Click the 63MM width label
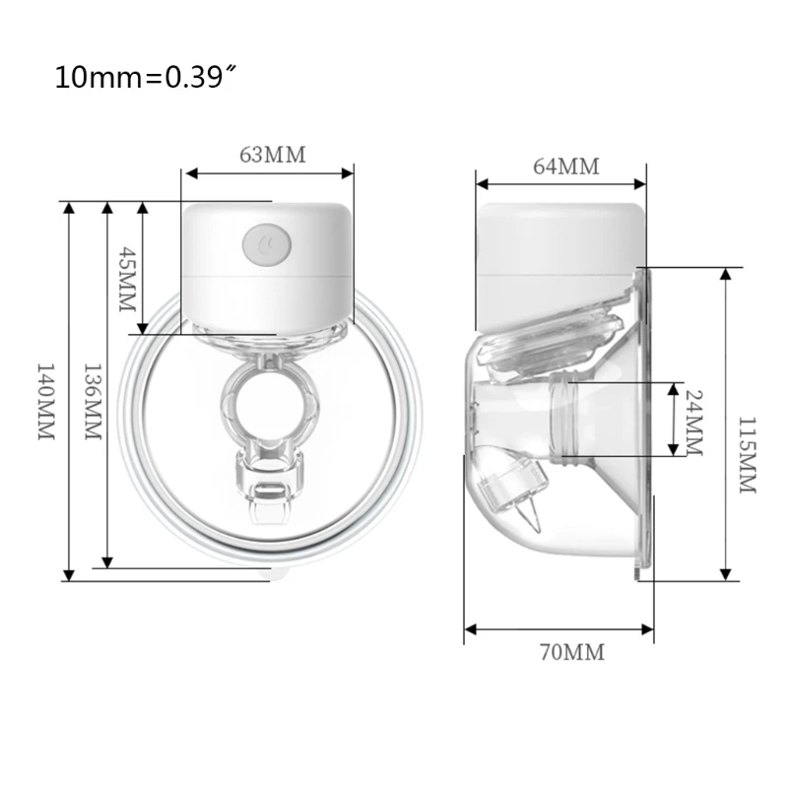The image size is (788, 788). (273, 155)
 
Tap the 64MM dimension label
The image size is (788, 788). (565, 165)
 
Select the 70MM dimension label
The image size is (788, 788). (571, 652)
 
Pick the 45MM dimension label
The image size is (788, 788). (124, 279)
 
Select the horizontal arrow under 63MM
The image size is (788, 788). (268, 173)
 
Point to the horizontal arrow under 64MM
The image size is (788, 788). (561, 183)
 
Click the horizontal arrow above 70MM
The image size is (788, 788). (558, 628)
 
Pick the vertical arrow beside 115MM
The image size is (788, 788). (725, 424)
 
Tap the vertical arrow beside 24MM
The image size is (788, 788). (673, 420)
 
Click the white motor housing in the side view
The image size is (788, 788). (557, 256)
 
